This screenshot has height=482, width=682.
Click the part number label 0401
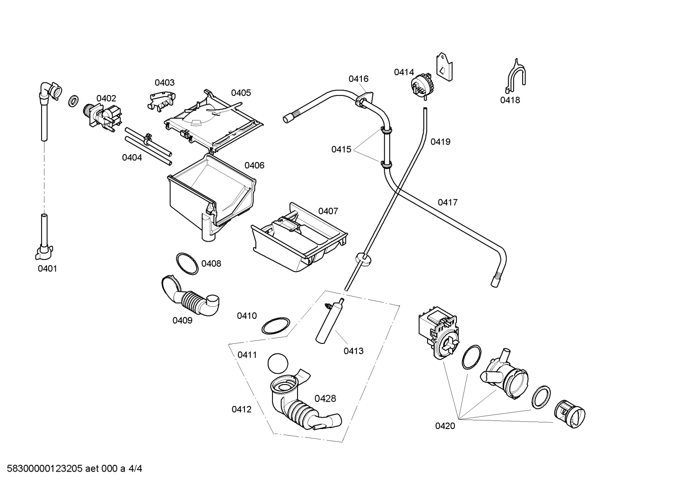(x=47, y=269)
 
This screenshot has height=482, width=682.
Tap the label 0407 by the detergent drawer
(x=328, y=211)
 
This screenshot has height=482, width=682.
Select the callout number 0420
(x=445, y=426)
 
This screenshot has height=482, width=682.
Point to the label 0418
(x=510, y=100)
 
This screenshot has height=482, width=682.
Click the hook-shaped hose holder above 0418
(x=515, y=76)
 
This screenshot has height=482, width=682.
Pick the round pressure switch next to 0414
(x=421, y=86)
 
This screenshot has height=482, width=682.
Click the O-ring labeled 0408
(x=187, y=263)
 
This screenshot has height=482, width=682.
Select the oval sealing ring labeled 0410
(x=276, y=326)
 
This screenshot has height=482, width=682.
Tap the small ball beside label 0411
(x=278, y=363)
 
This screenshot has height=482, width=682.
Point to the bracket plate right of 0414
(x=444, y=67)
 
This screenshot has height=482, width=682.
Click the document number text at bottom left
(x=74, y=468)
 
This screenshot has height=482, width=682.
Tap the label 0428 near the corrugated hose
(x=325, y=399)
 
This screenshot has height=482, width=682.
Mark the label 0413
(x=353, y=351)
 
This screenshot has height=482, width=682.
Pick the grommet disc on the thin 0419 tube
(x=363, y=259)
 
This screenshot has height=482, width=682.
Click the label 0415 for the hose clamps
(x=341, y=149)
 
